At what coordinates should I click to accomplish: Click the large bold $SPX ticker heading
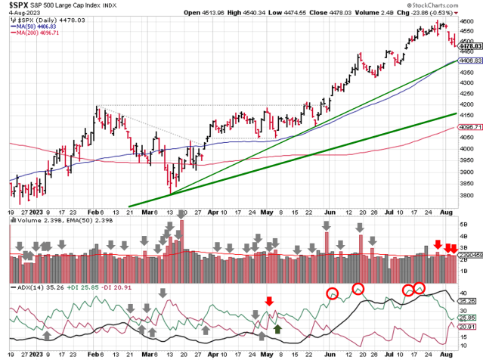(22, 6)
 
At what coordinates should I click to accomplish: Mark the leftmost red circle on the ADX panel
(332, 294)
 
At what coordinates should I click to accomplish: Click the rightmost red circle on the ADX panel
(420, 288)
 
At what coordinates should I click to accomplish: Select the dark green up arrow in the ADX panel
(277, 328)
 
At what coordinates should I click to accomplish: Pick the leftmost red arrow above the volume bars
(437, 244)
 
